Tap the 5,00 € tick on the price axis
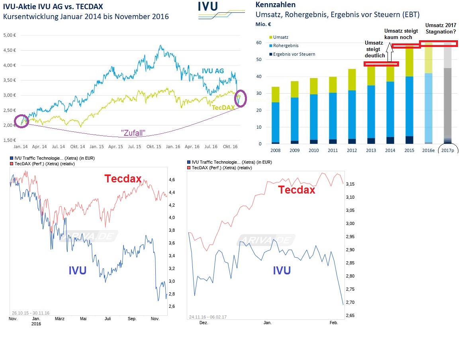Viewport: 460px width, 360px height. click(x=9, y=35)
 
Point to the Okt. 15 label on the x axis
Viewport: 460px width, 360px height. click(x=154, y=147)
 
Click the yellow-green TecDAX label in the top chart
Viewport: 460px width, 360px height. click(x=223, y=108)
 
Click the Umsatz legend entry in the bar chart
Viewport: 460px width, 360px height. click(x=282, y=37)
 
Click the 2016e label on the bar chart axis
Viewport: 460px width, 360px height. click(x=429, y=150)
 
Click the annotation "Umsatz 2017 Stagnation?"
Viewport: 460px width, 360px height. click(x=440, y=28)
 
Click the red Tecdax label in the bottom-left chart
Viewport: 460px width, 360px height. click(x=123, y=179)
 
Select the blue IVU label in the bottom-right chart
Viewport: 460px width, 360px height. click(x=282, y=270)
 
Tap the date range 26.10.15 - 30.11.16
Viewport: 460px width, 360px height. click(x=30, y=313)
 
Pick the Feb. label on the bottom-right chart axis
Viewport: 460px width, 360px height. click(x=334, y=323)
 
